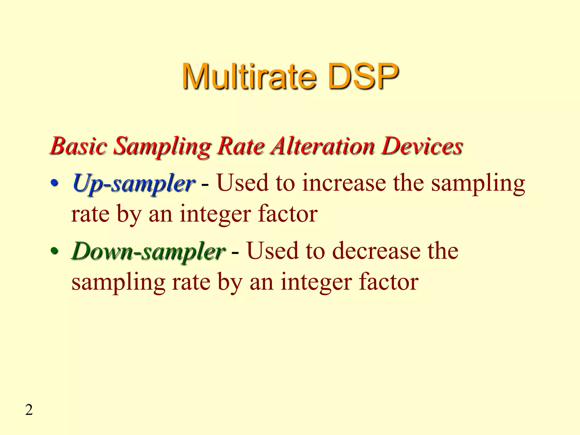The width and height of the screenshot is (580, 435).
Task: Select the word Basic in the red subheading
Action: (79, 146)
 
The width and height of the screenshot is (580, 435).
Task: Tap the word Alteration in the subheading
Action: (322, 146)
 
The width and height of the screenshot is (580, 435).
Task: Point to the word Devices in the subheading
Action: (422, 146)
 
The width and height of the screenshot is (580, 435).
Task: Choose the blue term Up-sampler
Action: (133, 184)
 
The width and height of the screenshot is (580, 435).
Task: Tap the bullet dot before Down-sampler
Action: (54, 251)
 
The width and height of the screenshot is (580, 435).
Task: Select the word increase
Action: (344, 183)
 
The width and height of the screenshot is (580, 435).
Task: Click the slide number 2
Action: (29, 410)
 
